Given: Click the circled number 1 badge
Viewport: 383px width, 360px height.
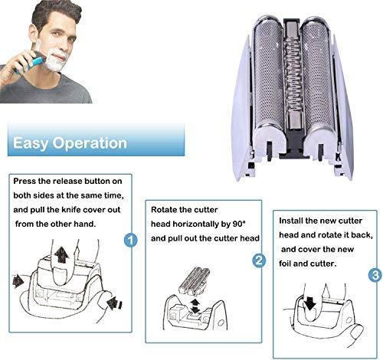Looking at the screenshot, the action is (130, 240).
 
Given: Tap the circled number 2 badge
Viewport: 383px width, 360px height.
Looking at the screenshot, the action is (259, 260).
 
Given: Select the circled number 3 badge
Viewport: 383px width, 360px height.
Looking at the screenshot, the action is (375, 275).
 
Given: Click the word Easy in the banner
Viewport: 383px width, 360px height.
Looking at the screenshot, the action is (31, 143).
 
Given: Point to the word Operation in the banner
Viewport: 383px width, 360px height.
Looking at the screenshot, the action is (90, 143).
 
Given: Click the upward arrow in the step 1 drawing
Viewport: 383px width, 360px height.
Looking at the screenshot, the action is (61, 254).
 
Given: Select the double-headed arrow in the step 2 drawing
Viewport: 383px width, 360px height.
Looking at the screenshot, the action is (195, 306).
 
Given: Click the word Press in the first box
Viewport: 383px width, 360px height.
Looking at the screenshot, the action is (25, 182).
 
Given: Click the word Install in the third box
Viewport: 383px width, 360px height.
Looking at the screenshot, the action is (291, 221).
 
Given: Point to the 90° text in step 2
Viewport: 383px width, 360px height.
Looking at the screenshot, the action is (239, 224).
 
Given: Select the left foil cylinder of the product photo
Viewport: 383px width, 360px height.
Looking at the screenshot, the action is (269, 77).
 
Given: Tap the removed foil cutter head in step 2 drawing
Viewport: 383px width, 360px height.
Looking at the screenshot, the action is (195, 281).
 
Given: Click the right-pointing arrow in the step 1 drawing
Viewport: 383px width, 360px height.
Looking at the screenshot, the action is (18, 282).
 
